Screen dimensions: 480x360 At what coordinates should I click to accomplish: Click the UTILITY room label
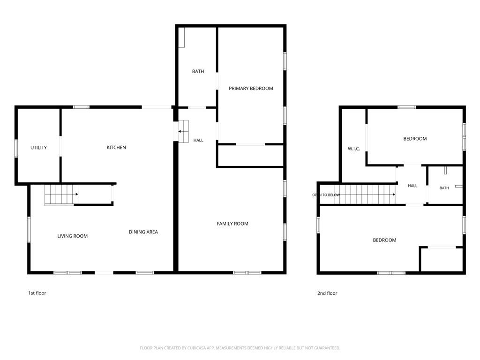coord(38,148)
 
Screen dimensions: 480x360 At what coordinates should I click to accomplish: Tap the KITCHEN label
coord(116,147)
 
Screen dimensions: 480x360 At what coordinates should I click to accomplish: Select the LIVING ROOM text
coord(73,236)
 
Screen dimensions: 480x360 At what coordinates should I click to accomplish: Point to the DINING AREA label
coord(143,232)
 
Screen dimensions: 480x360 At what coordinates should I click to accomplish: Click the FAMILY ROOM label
coord(232,224)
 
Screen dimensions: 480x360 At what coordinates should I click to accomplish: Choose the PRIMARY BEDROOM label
coord(251,89)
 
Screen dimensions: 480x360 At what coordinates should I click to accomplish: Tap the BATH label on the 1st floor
coord(198,71)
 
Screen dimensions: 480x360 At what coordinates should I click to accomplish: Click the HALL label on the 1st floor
coord(198,140)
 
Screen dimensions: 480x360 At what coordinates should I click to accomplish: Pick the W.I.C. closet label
coord(354,149)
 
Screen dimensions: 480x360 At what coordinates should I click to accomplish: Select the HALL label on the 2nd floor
coord(412,186)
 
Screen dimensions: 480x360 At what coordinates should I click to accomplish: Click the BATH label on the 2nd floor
coord(444,188)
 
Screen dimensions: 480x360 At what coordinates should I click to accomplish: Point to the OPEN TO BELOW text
coord(326,195)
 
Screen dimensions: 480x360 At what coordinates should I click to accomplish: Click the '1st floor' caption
coord(37,293)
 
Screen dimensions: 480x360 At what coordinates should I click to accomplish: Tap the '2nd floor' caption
coord(327,293)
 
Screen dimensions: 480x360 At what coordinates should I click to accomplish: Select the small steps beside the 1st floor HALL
coord(183,131)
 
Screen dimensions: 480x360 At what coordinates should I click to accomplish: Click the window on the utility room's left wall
coord(16,148)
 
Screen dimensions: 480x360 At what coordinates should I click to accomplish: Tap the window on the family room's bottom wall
coord(247,272)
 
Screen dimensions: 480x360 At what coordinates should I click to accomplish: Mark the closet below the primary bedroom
coord(250,156)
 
